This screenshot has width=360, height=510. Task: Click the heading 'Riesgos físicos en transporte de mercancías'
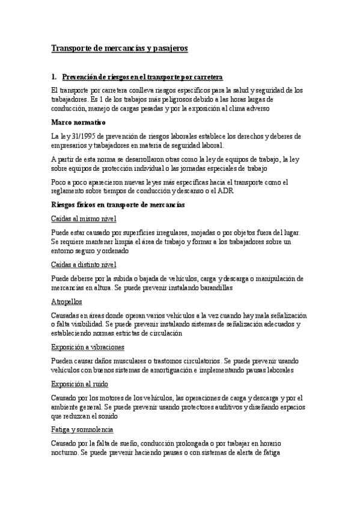[118, 205]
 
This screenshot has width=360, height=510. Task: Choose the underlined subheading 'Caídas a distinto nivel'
[84, 265]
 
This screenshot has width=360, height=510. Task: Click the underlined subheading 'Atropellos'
[67, 301]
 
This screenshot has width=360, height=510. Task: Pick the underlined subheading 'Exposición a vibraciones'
[88, 347]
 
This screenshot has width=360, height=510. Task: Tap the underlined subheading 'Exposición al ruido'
[80, 384]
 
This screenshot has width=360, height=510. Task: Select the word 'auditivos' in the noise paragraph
[228, 407]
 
